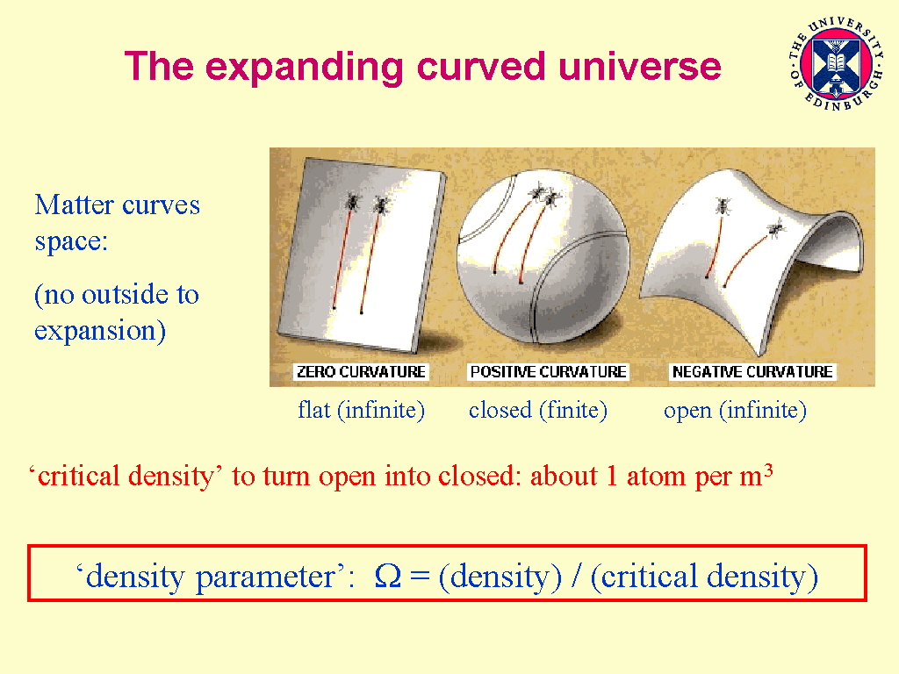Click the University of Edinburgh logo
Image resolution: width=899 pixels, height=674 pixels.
[x=836, y=63]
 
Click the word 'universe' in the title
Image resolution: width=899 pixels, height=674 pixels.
[x=639, y=67]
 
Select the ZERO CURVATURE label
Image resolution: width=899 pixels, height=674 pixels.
[x=361, y=372]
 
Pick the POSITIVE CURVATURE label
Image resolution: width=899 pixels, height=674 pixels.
[x=548, y=372]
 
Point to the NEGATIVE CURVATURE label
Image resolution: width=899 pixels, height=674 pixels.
[x=752, y=372]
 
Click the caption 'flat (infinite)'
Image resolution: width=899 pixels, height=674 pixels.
[x=361, y=411]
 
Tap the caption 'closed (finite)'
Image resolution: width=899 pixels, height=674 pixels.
[x=538, y=411]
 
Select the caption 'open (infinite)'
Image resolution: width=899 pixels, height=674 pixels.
[x=735, y=411]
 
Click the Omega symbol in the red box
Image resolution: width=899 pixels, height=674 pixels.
[x=387, y=576]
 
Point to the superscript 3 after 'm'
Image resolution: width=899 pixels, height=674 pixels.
[x=768, y=471]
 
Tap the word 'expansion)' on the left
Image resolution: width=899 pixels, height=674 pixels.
[x=100, y=331]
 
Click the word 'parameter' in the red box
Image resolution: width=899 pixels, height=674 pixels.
[x=265, y=577]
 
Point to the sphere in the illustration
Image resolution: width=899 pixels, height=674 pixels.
[x=543, y=257]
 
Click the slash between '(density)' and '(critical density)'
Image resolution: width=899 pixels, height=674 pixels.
[x=575, y=576]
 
